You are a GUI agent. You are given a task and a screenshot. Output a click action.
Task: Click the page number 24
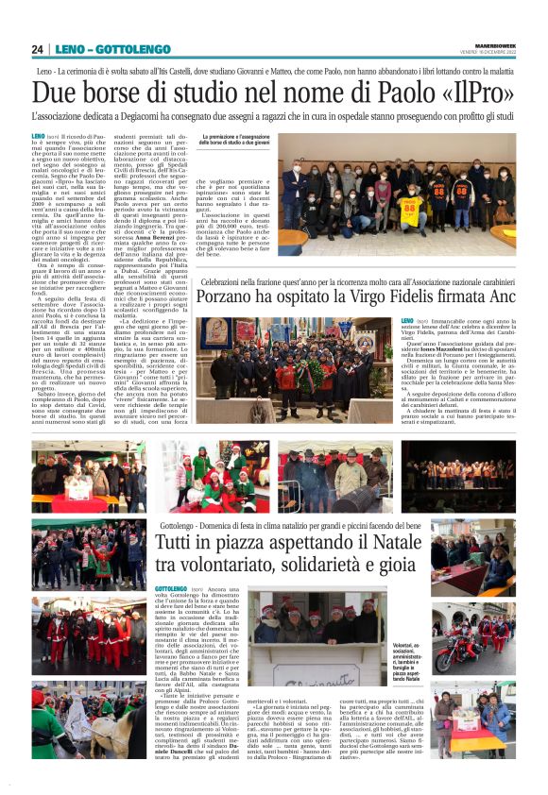[37, 49]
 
